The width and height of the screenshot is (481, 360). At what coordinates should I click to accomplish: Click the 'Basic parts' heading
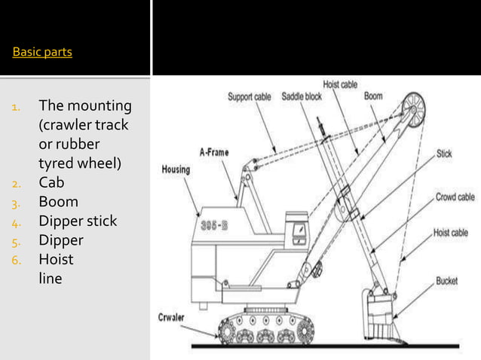pos(42,53)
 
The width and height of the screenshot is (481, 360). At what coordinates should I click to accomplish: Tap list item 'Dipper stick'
pos(78,221)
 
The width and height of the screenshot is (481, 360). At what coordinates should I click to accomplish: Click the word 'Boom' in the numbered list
pos(58,202)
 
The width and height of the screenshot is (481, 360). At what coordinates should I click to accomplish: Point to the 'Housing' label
pos(177,169)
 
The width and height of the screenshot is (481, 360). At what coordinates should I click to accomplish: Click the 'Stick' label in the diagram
pos(443,154)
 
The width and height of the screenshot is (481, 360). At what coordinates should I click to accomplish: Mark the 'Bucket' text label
pos(446,280)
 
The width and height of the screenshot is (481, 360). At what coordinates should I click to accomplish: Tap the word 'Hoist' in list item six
pos(57,261)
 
